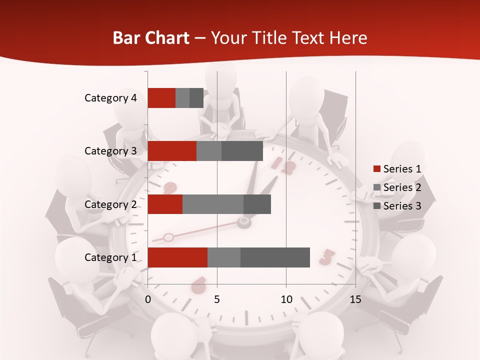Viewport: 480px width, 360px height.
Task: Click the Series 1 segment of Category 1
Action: tap(177, 257)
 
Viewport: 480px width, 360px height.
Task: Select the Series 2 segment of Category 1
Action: tap(224, 257)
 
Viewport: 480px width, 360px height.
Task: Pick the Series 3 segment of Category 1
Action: tap(275, 257)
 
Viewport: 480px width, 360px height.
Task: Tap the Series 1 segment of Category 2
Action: tap(165, 204)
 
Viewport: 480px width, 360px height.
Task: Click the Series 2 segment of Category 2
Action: tap(213, 204)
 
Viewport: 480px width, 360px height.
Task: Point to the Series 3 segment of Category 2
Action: tap(257, 204)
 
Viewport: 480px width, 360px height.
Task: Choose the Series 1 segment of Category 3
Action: tap(172, 151)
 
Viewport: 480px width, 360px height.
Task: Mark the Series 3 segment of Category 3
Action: tap(242, 151)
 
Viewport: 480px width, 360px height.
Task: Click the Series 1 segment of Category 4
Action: tap(161, 98)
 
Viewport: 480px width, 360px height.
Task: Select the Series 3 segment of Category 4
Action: tap(196, 98)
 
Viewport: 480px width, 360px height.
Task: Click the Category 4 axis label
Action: tap(110, 98)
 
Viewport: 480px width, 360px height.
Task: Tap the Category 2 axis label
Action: tap(110, 204)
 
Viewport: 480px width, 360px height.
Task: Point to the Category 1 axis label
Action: tap(110, 257)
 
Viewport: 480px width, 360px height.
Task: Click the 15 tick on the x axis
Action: tap(355, 299)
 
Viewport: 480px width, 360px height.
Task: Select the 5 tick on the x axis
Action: tap(217, 299)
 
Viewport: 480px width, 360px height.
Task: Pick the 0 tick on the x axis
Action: tap(148, 299)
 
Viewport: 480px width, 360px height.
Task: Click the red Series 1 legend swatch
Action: tap(376, 169)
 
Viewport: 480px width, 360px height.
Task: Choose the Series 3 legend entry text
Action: tap(402, 206)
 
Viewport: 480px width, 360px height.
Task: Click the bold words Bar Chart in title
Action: tap(150, 38)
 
